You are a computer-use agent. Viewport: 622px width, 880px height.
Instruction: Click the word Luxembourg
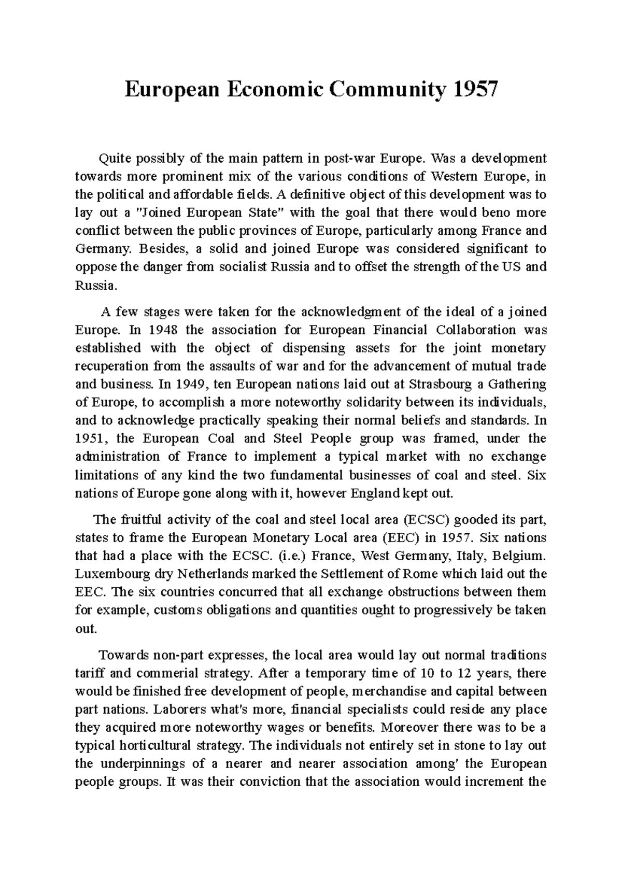[106, 574]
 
